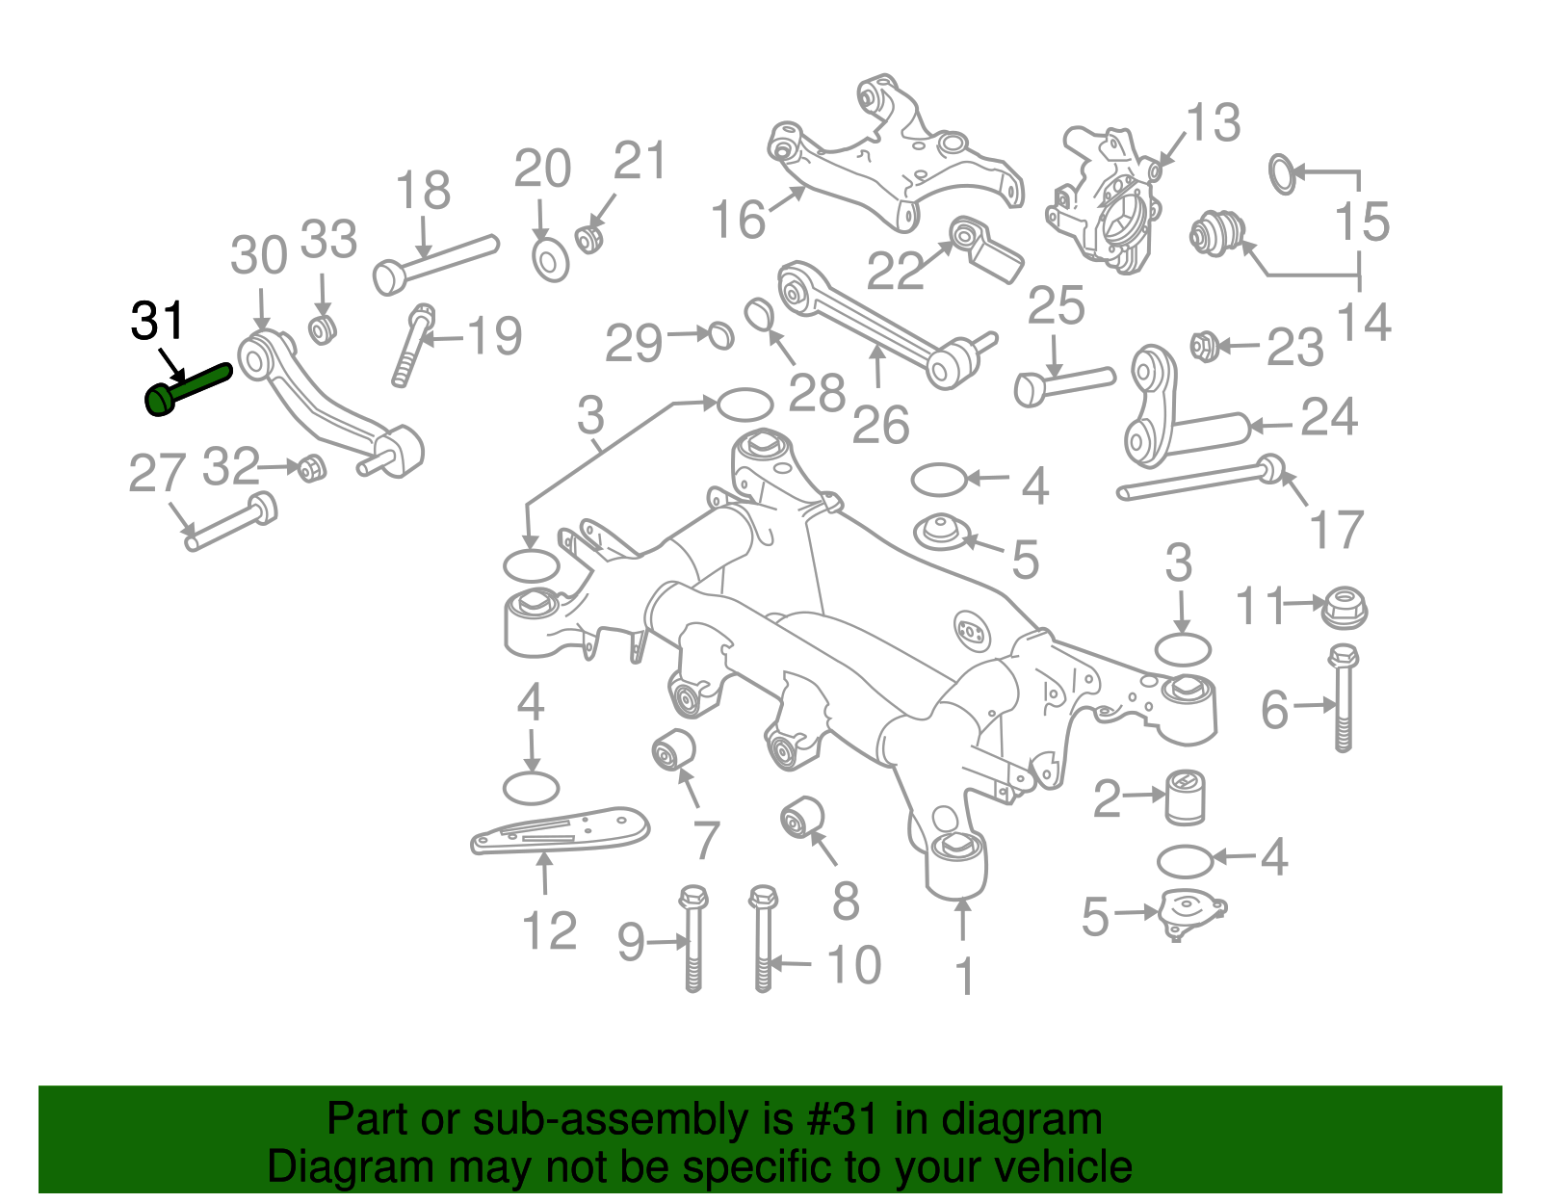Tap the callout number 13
tap(1213, 123)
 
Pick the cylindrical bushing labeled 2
tap(1186, 797)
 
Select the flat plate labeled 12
tap(560, 829)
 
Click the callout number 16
tap(738, 220)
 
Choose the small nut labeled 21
tap(589, 237)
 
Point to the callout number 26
tap(880, 425)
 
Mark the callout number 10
tap(853, 964)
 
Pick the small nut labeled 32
tap(310, 469)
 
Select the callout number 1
tap(964, 977)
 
